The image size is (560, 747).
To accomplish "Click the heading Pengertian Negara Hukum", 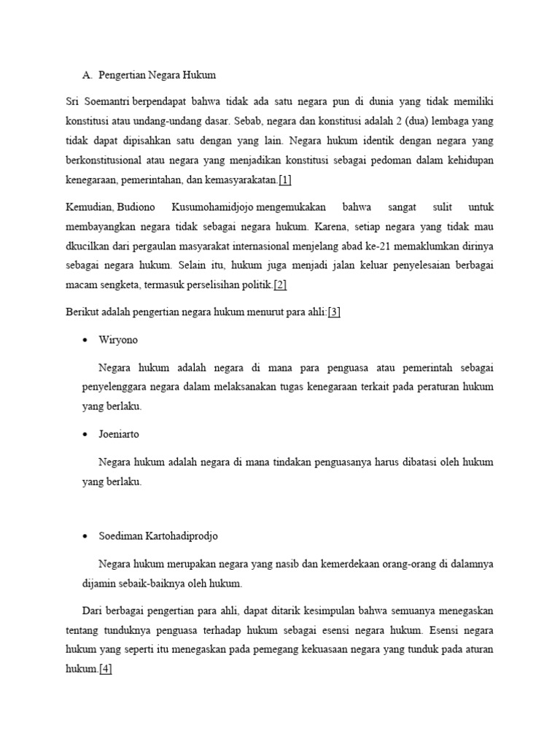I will point(157,75).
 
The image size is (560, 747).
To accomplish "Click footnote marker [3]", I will point(334,313).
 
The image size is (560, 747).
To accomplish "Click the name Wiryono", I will point(119,341).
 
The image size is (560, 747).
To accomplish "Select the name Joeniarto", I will point(119,434).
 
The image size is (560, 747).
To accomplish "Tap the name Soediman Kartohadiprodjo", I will point(158,536).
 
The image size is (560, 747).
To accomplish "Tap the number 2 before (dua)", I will point(392,120).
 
